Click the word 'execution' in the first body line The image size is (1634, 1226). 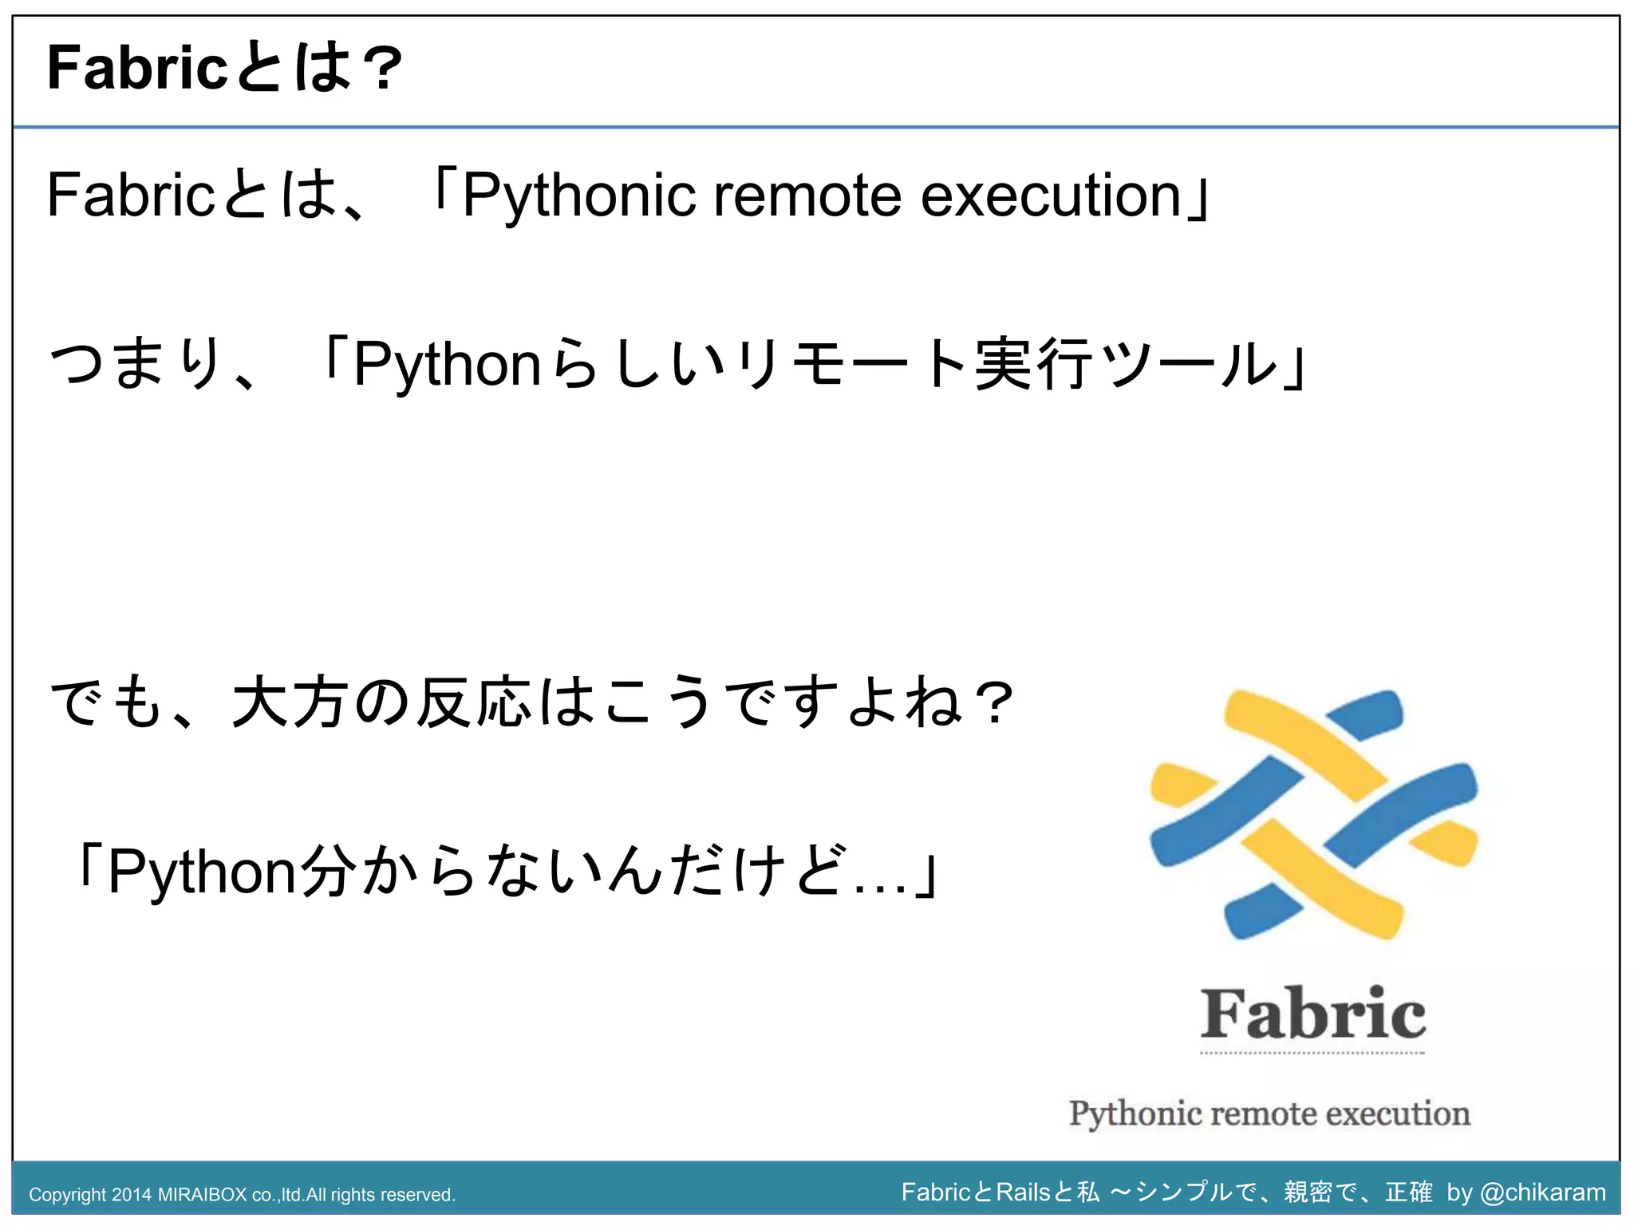tap(1051, 195)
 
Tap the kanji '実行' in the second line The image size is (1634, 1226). tap(1033, 364)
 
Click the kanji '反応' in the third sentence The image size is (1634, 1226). tap(476, 702)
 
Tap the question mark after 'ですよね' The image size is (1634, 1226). tap(994, 702)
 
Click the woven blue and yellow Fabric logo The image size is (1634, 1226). tap(1313, 814)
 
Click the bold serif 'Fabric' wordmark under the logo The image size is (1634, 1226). tap(1312, 1014)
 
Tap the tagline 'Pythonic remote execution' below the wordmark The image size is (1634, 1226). tap(1269, 1113)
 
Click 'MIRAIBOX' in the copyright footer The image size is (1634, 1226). tap(203, 1195)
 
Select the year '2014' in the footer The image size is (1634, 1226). tap(132, 1195)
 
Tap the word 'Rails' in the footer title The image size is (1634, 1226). tap(1024, 1192)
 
